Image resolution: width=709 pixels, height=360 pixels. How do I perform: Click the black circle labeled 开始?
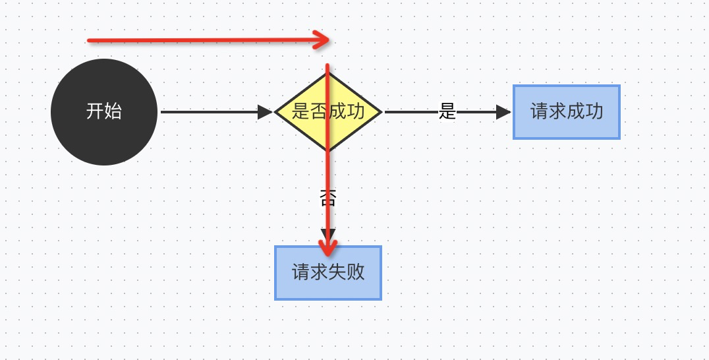pyautogui.click(x=104, y=112)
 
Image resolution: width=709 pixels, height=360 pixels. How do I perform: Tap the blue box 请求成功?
pyautogui.click(x=567, y=112)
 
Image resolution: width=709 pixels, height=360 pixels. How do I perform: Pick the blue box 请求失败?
pyautogui.click(x=328, y=273)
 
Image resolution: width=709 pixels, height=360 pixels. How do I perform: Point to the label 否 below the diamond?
pyautogui.click(x=327, y=198)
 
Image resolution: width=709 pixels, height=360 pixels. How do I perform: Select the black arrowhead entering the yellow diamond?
pyautogui.click(x=266, y=112)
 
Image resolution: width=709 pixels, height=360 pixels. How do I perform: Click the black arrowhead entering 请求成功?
pyautogui.click(x=504, y=112)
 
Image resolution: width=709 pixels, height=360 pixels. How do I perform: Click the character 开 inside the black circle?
pyautogui.click(x=95, y=111)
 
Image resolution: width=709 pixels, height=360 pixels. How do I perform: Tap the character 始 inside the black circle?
pyautogui.click(x=113, y=111)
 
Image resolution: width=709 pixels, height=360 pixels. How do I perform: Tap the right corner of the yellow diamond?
pyautogui.click(x=381, y=112)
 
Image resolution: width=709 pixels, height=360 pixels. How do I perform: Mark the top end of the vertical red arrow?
pyautogui.click(x=327, y=65)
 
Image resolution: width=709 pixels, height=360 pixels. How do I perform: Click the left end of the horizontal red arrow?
pyautogui.click(x=89, y=41)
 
